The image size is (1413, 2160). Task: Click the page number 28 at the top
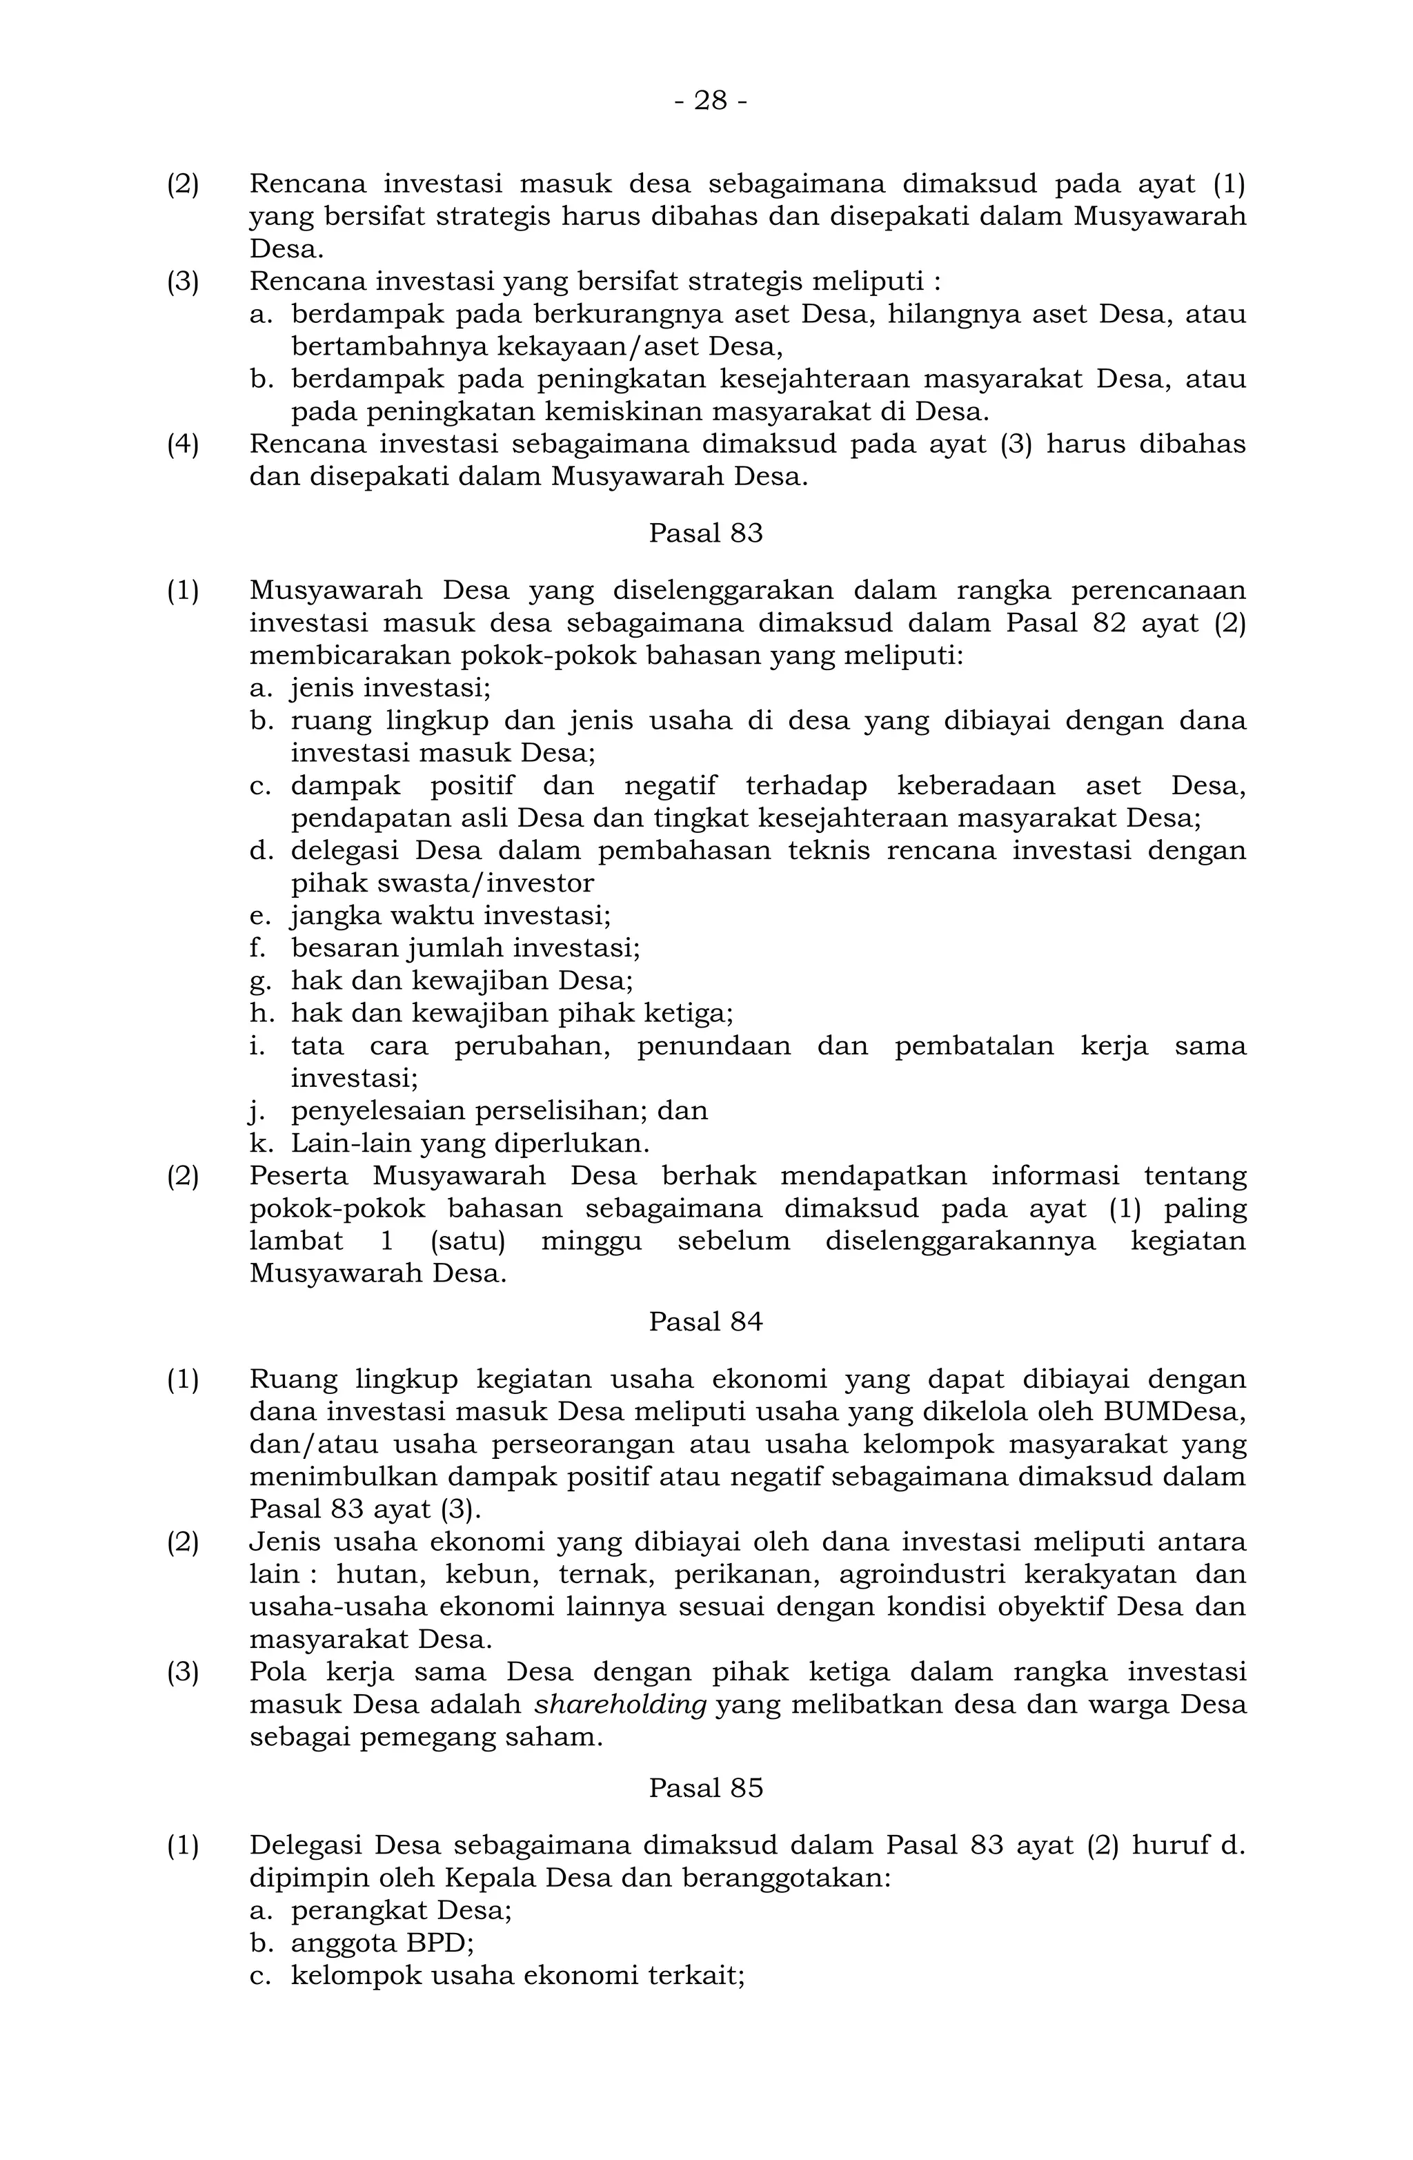point(711,101)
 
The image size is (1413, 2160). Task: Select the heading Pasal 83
point(705,533)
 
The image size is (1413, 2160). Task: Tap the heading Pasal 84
point(705,1322)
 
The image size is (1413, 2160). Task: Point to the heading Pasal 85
point(705,1789)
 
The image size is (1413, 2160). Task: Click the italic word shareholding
point(620,1705)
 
